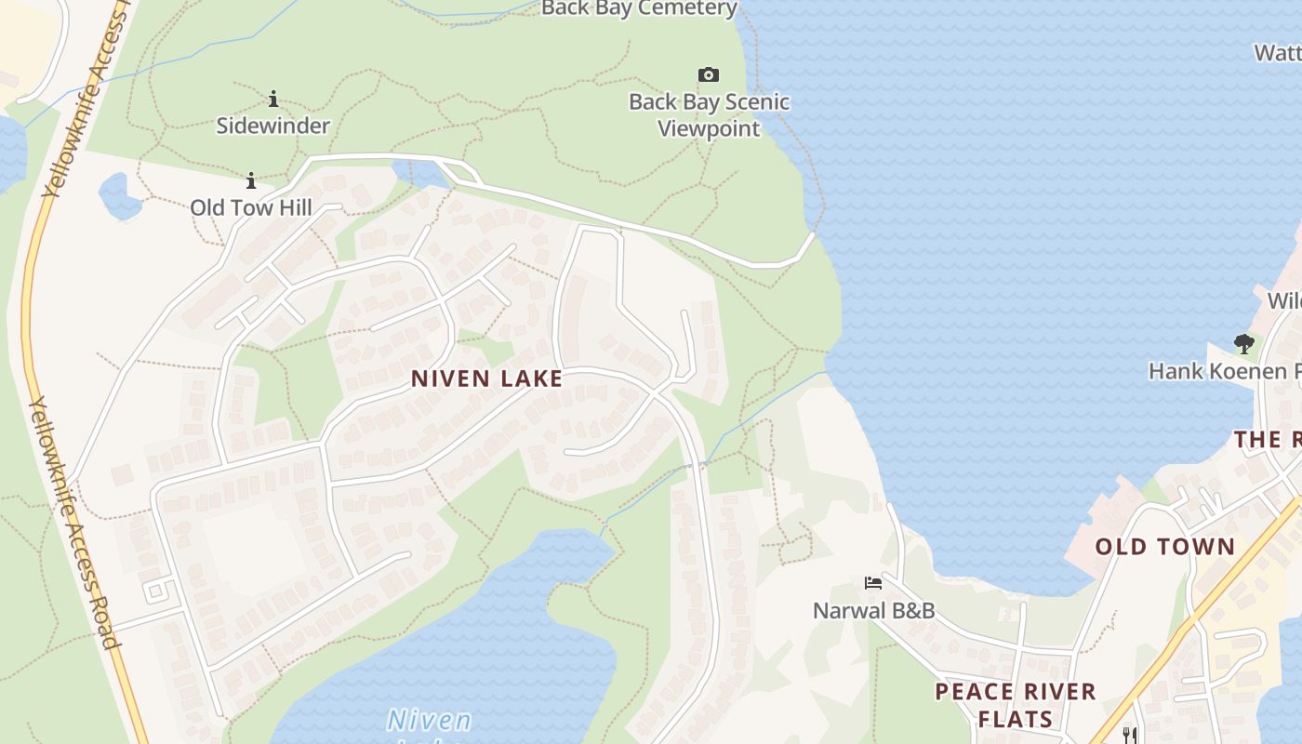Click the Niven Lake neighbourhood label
click(x=486, y=379)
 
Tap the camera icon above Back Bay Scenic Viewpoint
click(x=709, y=74)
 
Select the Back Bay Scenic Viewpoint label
click(x=710, y=114)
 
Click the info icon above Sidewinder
click(x=273, y=99)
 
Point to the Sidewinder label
click(x=273, y=126)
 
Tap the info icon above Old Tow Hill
click(x=251, y=180)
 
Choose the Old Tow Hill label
click(x=251, y=206)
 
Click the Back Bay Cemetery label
click(x=639, y=8)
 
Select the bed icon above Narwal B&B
click(x=872, y=583)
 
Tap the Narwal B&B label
click(x=873, y=611)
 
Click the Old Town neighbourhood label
click(x=1164, y=547)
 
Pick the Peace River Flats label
click(x=1016, y=705)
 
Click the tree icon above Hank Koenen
click(x=1244, y=344)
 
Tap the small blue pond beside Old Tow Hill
click(x=119, y=195)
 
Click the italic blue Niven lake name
click(x=429, y=722)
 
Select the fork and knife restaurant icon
click(x=1130, y=735)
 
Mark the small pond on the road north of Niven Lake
click(x=420, y=173)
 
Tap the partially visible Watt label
click(x=1278, y=53)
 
